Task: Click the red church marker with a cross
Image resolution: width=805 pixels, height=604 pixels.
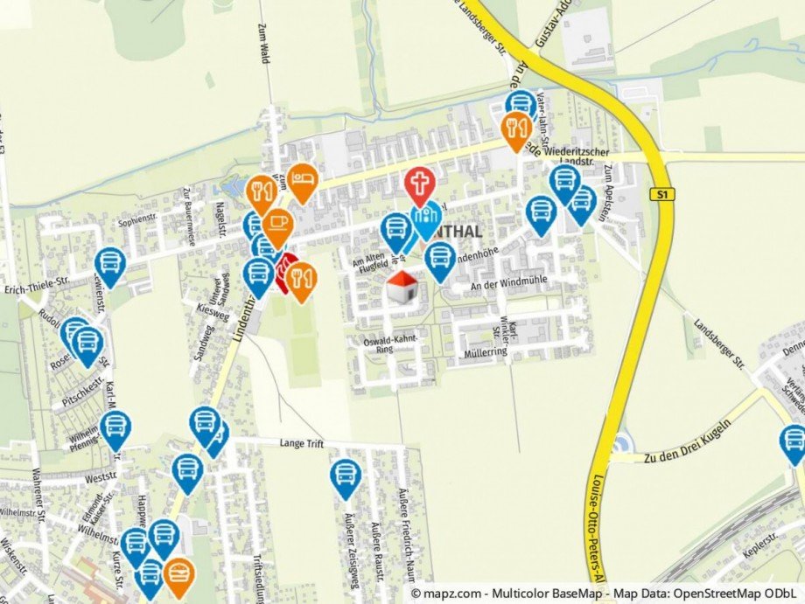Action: [x=420, y=184]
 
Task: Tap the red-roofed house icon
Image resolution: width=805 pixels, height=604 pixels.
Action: [x=402, y=287]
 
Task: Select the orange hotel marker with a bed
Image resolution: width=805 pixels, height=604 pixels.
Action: [x=302, y=179]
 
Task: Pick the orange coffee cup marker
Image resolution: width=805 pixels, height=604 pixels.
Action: [x=276, y=225]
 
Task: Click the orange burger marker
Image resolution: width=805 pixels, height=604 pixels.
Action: [x=179, y=573]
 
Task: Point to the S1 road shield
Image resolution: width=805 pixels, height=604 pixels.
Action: [x=664, y=194]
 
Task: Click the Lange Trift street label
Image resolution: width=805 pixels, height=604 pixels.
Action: [x=304, y=444]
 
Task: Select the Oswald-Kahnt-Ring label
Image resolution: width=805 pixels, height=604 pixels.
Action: [x=391, y=344]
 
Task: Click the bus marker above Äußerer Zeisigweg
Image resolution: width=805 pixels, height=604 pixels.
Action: [x=346, y=476]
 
